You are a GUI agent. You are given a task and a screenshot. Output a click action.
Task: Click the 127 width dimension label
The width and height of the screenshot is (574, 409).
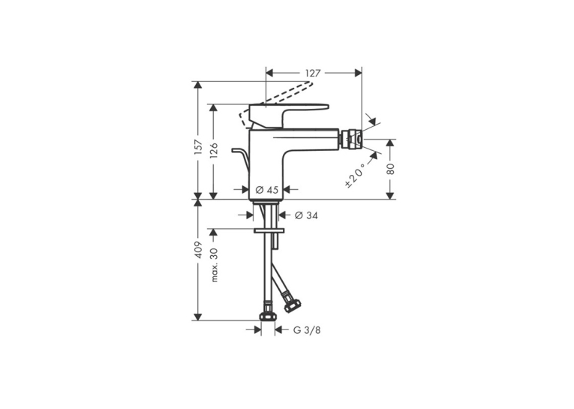[313, 74]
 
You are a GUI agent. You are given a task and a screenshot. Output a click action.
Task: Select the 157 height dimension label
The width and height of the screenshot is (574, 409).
[199, 147]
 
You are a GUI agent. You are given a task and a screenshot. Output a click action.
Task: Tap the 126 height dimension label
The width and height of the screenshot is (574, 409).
[213, 150]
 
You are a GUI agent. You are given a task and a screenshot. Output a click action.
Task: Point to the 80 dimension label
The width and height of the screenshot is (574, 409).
[391, 168]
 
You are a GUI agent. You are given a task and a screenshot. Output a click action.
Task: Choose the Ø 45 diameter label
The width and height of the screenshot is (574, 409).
[267, 190]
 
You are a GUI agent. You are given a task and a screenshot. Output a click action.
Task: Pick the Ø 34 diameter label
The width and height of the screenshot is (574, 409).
[306, 215]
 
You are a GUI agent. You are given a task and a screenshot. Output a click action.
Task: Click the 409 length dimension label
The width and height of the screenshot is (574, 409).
[199, 250]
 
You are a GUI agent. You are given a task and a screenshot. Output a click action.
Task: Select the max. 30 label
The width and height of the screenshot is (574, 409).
[214, 265]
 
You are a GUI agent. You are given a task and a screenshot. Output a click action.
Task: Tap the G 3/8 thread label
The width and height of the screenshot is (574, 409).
[307, 330]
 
